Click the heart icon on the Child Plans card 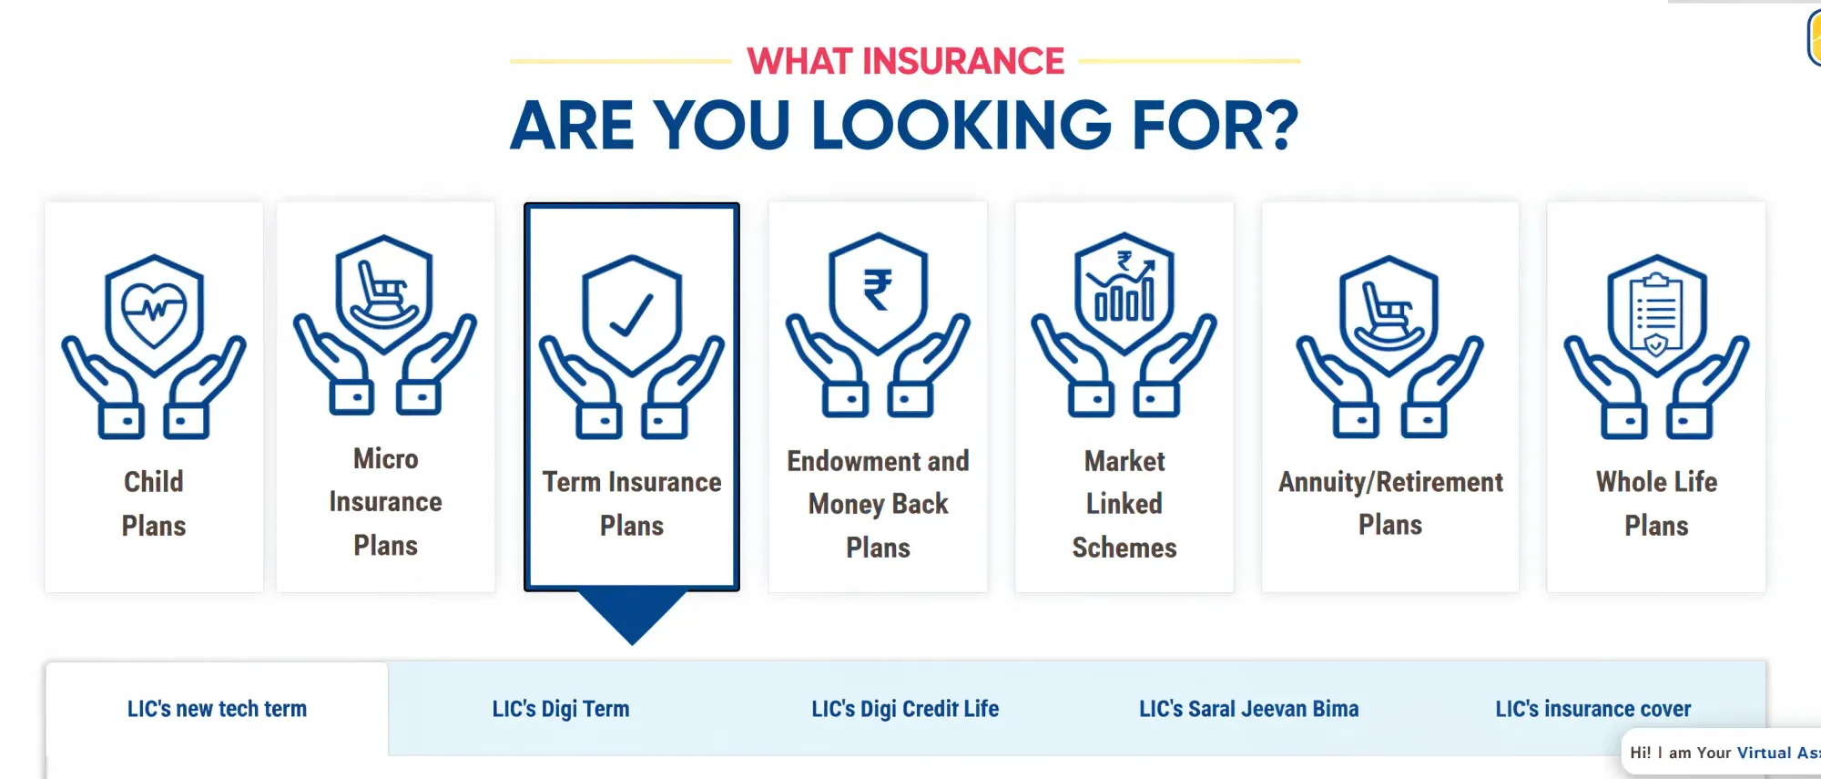[154, 311]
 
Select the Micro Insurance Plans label [385, 502]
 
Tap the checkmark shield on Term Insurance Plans [631, 314]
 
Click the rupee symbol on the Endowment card [878, 290]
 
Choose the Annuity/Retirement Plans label [1389, 503]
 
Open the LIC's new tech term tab [217, 709]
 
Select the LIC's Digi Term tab [561, 709]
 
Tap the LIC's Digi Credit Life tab [905, 709]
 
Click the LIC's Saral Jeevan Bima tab [1248, 709]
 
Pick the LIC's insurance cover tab [1592, 709]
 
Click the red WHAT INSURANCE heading [905, 61]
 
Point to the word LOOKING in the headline [961, 125]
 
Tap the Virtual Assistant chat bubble [1721, 753]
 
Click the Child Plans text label [154, 504]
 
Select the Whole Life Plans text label [1656, 504]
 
